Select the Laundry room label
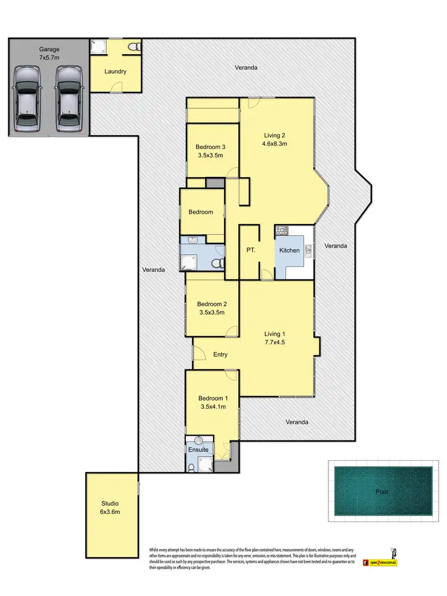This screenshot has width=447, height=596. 115,72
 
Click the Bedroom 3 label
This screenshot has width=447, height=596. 209,147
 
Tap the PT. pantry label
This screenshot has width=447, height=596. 250,250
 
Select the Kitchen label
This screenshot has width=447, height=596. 290,250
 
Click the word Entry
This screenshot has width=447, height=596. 220,355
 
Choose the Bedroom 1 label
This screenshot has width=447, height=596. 213,399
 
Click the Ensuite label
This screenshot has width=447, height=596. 198,449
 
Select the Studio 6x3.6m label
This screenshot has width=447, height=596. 109,507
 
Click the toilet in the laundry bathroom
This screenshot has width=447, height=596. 134,46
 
